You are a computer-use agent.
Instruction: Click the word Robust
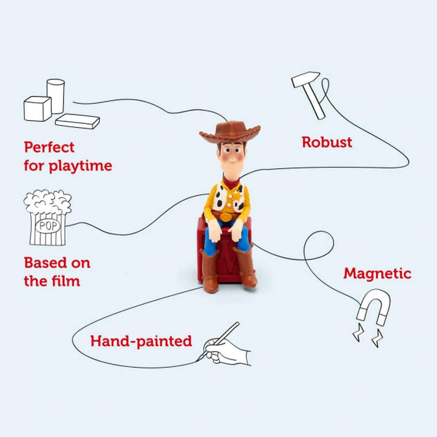(327, 142)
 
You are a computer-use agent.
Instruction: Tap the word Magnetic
(378, 274)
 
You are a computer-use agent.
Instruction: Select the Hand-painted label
(141, 341)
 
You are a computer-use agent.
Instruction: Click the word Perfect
(49, 147)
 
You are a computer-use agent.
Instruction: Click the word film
(66, 281)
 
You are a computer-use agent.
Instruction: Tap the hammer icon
(307, 95)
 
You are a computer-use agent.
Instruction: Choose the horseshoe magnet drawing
(374, 308)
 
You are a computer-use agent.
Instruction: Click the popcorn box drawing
(48, 217)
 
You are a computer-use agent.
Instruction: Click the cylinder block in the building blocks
(56, 96)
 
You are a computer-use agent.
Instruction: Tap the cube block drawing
(38, 109)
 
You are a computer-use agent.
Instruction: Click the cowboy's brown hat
(230, 132)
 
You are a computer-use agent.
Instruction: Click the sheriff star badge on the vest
(238, 197)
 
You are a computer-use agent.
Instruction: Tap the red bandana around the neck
(231, 182)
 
